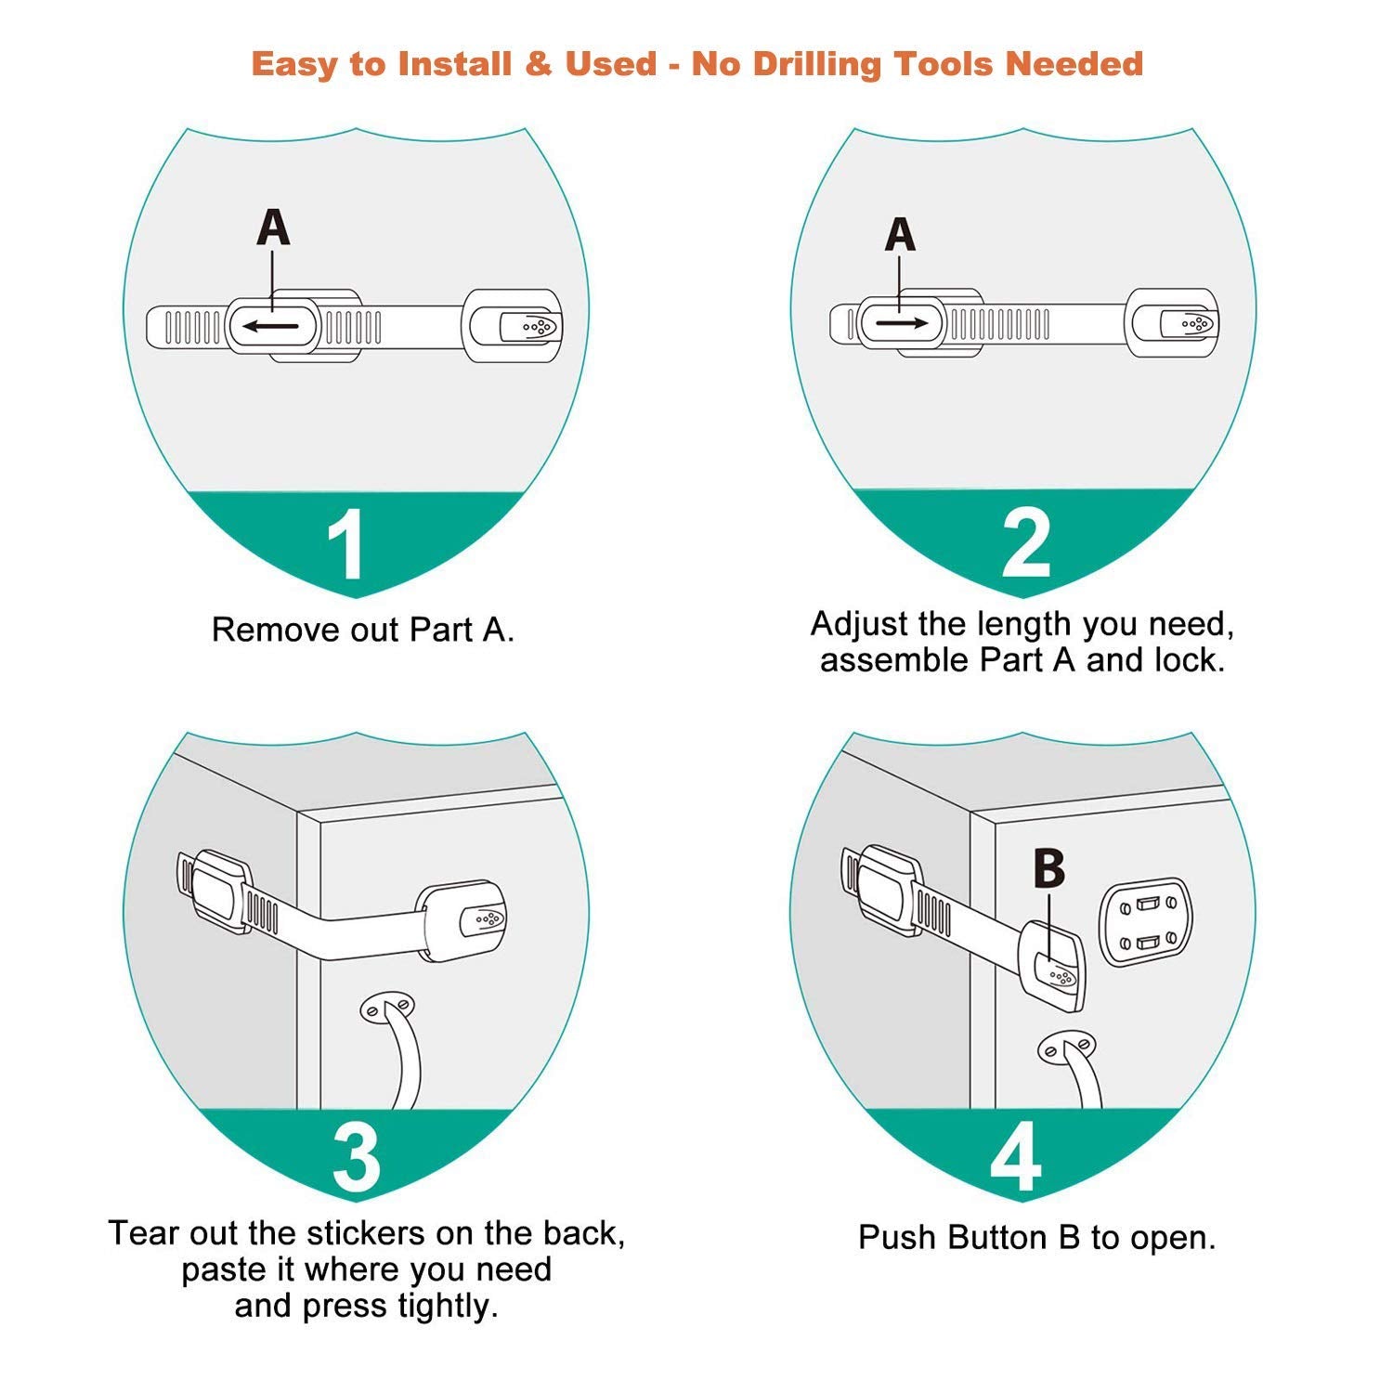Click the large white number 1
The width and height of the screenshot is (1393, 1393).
click(346, 545)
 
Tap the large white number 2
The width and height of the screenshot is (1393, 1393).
click(1025, 543)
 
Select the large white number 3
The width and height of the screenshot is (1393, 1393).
click(356, 1157)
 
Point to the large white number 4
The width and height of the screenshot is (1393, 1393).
click(1015, 1157)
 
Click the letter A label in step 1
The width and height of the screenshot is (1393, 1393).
click(273, 228)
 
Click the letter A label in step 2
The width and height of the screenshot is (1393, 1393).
click(899, 234)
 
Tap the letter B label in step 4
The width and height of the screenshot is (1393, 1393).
click(1048, 869)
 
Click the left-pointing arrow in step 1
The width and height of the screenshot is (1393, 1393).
click(271, 326)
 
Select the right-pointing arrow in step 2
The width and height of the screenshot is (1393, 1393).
click(901, 323)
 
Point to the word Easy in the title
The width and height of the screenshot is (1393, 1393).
click(294, 65)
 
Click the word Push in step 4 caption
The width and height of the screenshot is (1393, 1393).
click(895, 1238)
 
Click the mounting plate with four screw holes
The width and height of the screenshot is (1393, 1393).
click(1144, 922)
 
